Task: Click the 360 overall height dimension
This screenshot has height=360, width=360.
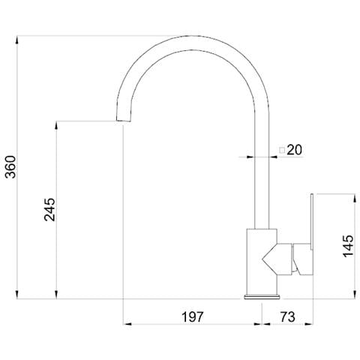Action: [x=10, y=166]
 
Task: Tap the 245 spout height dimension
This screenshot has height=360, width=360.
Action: [x=49, y=209]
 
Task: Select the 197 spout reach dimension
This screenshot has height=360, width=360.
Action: [x=192, y=317]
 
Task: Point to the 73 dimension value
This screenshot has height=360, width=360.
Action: [x=287, y=317]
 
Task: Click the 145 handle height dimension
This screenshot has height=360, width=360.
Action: [x=348, y=246]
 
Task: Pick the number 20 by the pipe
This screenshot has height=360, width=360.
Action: [x=295, y=150]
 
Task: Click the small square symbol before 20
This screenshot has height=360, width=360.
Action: [x=282, y=150]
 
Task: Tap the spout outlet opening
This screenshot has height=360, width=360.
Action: [x=124, y=121]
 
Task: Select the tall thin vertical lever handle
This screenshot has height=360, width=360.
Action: [x=312, y=221]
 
